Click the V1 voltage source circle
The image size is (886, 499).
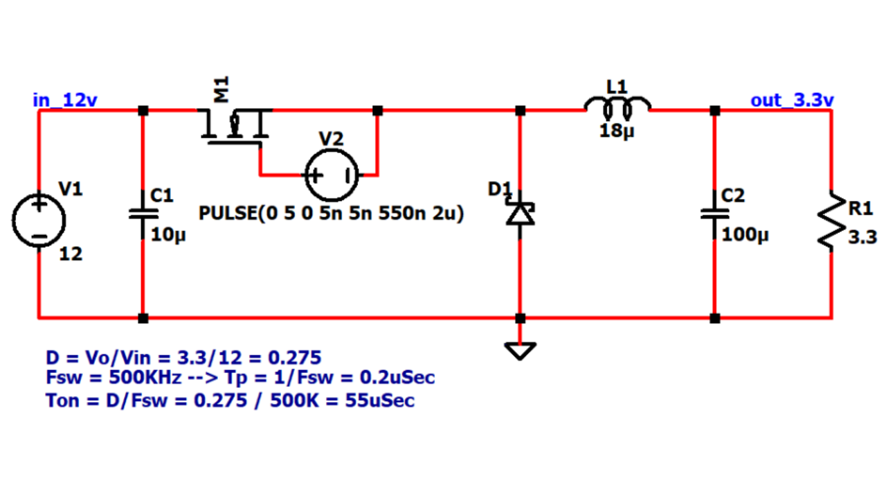tap(39, 220)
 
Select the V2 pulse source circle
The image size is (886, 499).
tap(332, 175)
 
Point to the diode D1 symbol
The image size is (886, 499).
tap(520, 214)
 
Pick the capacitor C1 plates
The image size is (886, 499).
tap(143, 214)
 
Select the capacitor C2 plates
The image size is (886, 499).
tap(715, 214)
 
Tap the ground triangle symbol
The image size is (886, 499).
tap(520, 351)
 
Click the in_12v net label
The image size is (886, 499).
tap(65, 100)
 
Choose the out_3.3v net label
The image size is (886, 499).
tap(792, 100)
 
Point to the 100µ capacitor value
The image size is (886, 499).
tap(745, 235)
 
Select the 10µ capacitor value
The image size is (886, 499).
tap(168, 235)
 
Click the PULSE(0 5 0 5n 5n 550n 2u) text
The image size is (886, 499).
tap(332, 213)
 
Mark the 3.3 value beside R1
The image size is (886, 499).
tap(862, 237)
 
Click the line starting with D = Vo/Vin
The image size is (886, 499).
tap(183, 358)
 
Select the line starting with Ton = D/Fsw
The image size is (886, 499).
tap(230, 401)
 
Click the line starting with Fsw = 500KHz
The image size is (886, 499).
tap(240, 378)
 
